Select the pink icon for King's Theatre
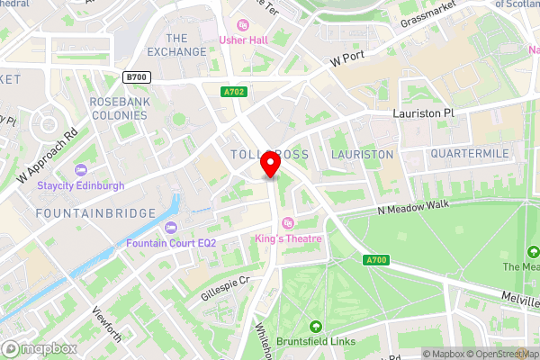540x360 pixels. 288,223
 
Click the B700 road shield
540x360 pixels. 137,78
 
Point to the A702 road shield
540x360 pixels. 233,91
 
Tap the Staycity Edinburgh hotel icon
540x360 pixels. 81,170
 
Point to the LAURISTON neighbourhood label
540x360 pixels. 362,155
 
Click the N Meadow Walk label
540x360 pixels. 413,208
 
